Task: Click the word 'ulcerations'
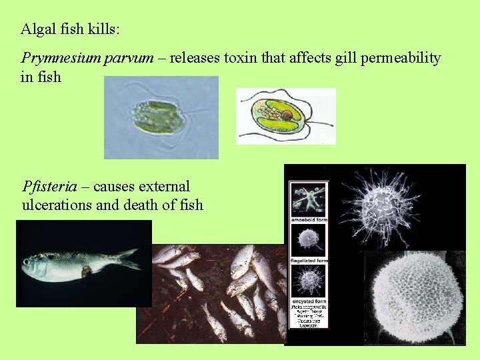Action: pyautogui.click(x=57, y=205)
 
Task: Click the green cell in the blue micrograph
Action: pyautogui.click(x=157, y=116)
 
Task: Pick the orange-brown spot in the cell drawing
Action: pyautogui.click(x=287, y=115)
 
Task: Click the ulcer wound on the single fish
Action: pyautogui.click(x=86, y=271)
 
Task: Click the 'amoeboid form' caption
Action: pyautogui.click(x=309, y=219)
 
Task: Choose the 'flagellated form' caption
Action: pyautogui.click(x=309, y=260)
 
